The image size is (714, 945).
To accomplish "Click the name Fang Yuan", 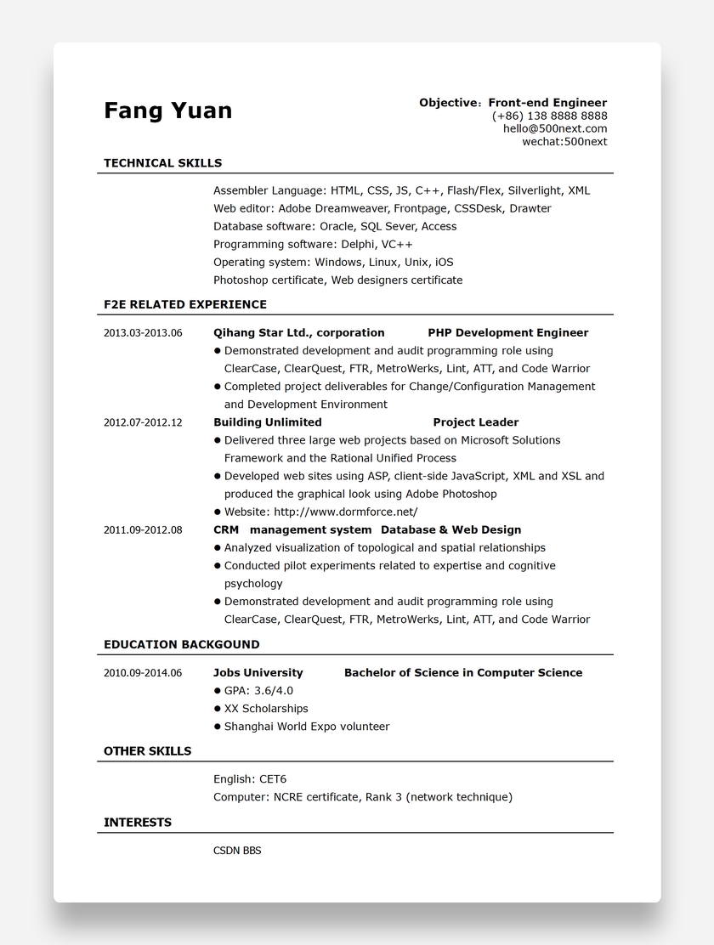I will tap(167, 110).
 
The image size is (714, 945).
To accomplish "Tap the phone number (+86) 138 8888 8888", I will tap(549, 116).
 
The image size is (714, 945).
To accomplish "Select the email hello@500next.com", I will tap(554, 128).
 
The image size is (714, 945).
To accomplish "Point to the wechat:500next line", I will tap(564, 141).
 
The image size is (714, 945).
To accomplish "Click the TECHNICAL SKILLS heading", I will tap(162, 163).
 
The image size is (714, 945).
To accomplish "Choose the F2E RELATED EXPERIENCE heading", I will tap(184, 304).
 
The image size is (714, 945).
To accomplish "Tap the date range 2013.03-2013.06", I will tap(143, 333).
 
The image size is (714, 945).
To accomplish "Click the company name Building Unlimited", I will tap(267, 422).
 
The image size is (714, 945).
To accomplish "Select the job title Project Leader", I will tap(475, 422).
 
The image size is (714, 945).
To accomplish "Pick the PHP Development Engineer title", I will tap(507, 333).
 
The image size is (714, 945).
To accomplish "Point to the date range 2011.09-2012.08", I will tap(143, 530).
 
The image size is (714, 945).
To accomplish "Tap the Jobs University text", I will tap(258, 673).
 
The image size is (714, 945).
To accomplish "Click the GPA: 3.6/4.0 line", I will tap(258, 691).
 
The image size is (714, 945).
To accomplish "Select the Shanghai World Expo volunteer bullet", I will tap(306, 727).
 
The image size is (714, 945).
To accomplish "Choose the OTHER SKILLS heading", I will tap(147, 751).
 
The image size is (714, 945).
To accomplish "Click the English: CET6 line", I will tap(250, 779).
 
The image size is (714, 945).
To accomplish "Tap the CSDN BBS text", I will tap(237, 851).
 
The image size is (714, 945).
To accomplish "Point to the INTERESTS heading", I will tap(138, 823).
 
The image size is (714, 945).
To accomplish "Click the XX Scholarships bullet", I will tap(266, 709).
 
